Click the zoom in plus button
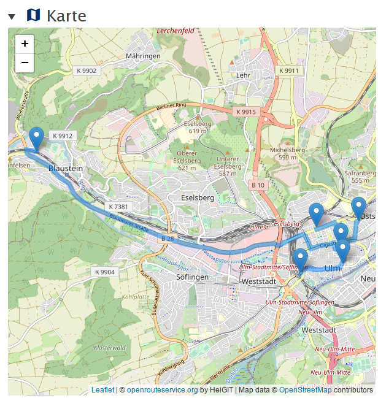coord(25,44)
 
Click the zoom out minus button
coord(25,63)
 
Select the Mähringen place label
coord(142,56)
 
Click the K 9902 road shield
coord(87,71)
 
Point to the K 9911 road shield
coord(288,71)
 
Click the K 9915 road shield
coord(245,112)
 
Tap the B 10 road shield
coord(258,185)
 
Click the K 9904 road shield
coord(104,272)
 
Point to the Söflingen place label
coord(192,277)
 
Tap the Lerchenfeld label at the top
coord(175,31)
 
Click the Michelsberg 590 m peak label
coord(287,153)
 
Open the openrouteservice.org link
coord(162,390)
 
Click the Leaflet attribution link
coord(102,390)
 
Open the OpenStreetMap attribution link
coord(305,390)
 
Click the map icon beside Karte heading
coord(33,15)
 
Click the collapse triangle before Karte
coord(12,16)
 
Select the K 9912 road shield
coord(62,136)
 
